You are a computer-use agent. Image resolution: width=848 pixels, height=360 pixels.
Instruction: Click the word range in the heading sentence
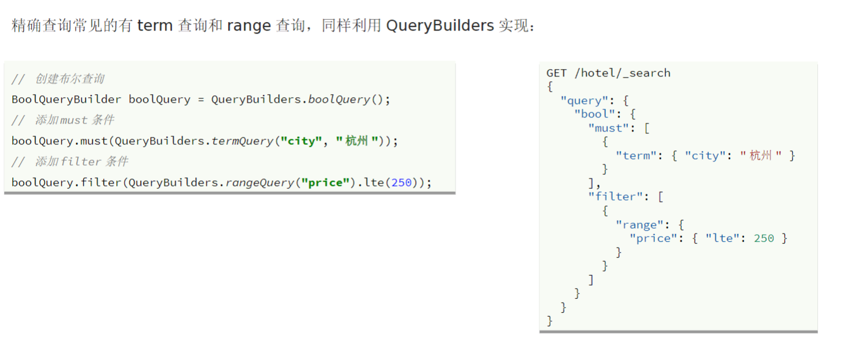pos(248,26)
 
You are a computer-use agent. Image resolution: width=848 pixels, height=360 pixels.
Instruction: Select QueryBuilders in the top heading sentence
pos(440,26)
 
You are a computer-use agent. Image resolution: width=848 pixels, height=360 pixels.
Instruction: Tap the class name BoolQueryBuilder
pos(66,99)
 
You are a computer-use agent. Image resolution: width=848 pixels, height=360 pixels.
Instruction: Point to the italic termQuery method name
pos(242,141)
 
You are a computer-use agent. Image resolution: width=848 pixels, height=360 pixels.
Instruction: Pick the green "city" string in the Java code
pos(301,141)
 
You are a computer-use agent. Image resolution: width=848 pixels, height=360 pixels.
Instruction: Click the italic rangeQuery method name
pos(260,182)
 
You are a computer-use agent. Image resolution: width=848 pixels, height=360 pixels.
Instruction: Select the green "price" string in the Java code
pos(325,182)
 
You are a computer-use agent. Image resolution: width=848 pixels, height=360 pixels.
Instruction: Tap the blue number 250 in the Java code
pos(402,182)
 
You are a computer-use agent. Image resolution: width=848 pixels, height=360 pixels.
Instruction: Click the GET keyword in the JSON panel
pos(556,73)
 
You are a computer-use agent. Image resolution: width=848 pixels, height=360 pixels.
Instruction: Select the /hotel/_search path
pos(622,73)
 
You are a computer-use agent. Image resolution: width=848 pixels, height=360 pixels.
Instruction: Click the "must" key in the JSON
pos(608,128)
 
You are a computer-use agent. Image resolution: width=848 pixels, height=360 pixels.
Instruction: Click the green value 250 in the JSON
pos(764,238)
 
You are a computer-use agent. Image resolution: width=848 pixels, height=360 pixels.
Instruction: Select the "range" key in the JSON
pos(640,224)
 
